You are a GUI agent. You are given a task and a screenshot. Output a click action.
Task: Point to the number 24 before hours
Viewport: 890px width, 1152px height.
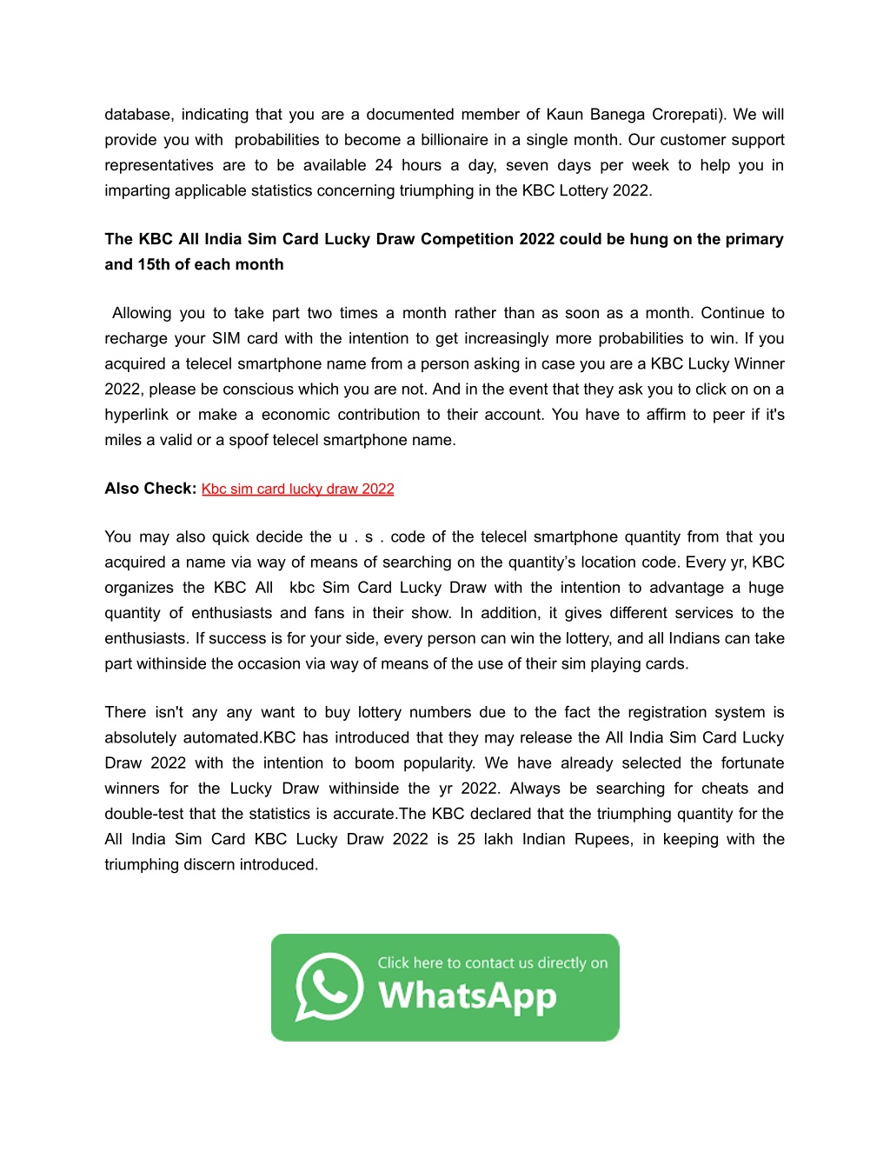[x=383, y=165]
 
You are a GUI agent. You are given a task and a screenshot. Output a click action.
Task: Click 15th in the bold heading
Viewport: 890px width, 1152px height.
[x=154, y=264]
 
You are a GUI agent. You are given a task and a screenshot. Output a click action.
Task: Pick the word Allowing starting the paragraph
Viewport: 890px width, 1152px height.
[x=142, y=313]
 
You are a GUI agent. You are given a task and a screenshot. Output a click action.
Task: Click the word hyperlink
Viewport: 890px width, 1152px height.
[x=136, y=415]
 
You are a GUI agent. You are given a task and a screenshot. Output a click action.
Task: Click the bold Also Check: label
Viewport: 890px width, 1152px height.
[x=150, y=489]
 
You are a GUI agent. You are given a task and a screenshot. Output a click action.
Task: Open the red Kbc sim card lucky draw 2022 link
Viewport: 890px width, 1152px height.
[x=297, y=489]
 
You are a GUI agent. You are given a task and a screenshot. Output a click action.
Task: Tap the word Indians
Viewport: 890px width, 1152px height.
[x=694, y=638]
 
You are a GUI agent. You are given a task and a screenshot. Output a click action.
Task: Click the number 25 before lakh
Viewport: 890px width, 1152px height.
[x=466, y=839]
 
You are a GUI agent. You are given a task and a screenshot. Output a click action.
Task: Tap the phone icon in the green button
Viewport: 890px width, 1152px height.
[x=329, y=987]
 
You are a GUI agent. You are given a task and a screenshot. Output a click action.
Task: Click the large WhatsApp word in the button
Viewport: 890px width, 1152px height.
[x=468, y=996]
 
